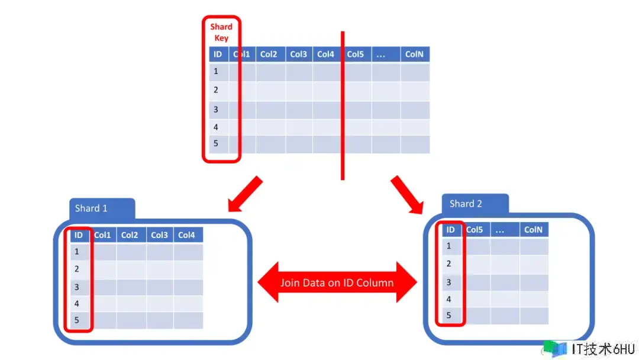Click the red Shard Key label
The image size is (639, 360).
pyautogui.click(x=221, y=32)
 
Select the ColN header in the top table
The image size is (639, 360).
pyautogui.click(x=415, y=54)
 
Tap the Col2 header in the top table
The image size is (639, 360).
pyautogui.click(x=269, y=54)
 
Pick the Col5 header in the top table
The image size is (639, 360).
pyautogui.click(x=356, y=54)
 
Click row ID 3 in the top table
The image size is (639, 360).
pyautogui.click(x=216, y=110)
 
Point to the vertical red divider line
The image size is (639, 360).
pyautogui.click(x=343, y=105)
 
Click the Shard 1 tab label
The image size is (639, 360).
pyautogui.click(x=91, y=208)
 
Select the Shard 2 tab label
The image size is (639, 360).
pyautogui.click(x=466, y=204)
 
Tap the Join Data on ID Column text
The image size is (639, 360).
pyautogui.click(x=337, y=282)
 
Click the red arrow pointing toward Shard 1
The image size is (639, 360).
pyautogui.click(x=244, y=194)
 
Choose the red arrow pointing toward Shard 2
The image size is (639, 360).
pyautogui.click(x=407, y=195)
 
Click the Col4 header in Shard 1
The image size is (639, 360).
pyautogui.click(x=187, y=235)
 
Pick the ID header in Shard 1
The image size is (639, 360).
pyautogui.click(x=79, y=235)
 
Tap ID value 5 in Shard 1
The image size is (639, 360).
pyautogui.click(x=76, y=320)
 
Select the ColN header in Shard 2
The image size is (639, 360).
pyautogui.click(x=534, y=230)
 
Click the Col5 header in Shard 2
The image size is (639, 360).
pyautogui.click(x=475, y=230)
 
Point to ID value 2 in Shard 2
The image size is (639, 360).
pyautogui.click(x=448, y=263)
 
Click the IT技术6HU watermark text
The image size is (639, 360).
pyautogui.click(x=603, y=349)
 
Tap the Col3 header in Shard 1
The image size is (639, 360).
pyautogui.click(x=160, y=235)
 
